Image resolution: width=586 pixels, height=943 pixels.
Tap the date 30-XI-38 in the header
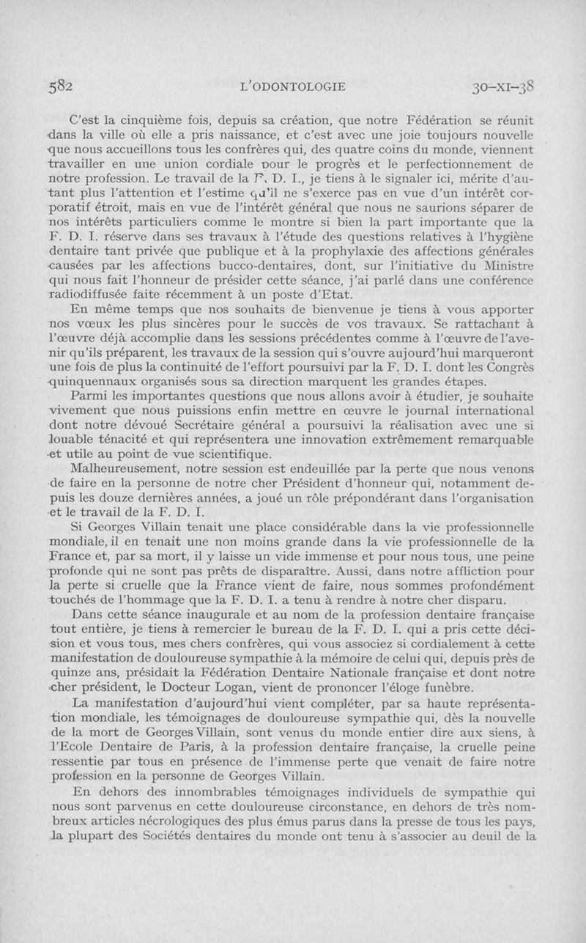[x=505, y=86]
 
